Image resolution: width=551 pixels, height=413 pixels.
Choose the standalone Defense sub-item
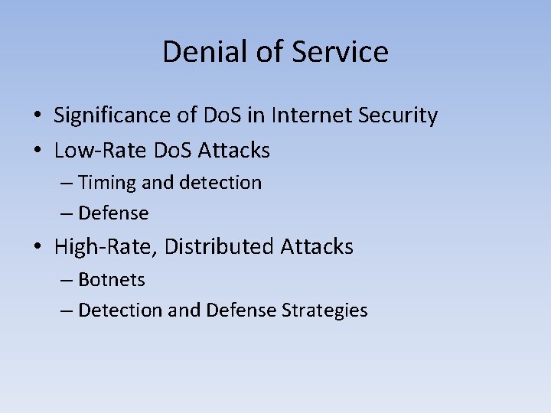[113, 213]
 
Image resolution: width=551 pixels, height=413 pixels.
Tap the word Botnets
[112, 280]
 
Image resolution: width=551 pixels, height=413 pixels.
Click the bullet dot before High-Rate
[37, 248]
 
